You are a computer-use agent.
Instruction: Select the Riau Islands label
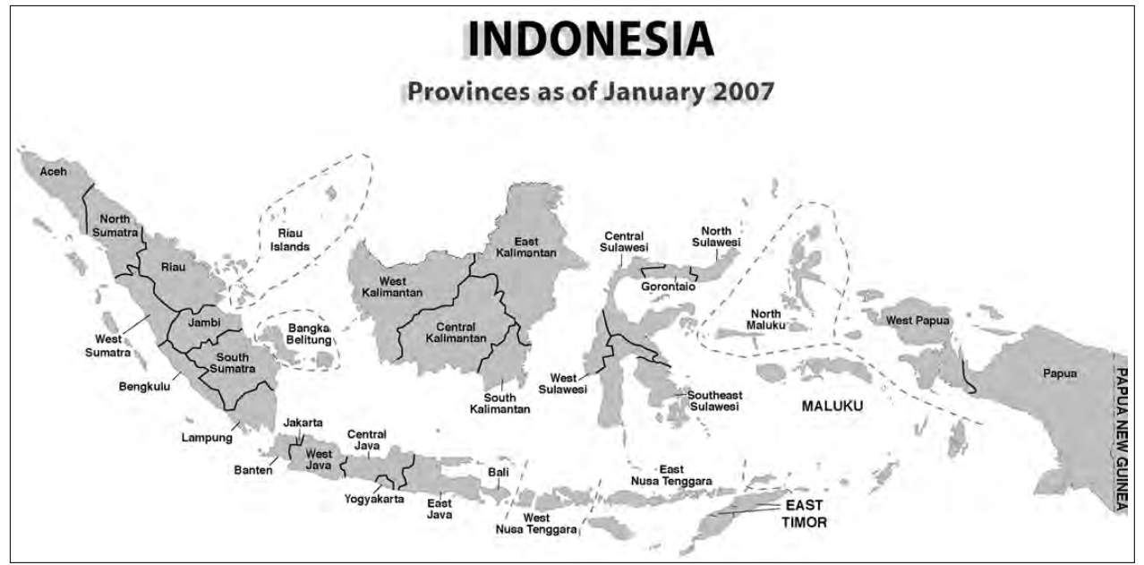(x=290, y=240)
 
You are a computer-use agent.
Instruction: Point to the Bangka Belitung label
(x=310, y=334)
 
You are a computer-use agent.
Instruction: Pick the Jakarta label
(x=303, y=423)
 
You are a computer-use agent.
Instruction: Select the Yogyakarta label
(x=374, y=499)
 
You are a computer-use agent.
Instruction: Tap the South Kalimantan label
(x=499, y=403)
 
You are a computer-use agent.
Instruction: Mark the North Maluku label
(x=765, y=320)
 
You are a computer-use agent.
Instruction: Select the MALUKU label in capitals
(x=832, y=406)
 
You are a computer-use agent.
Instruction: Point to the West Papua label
(x=918, y=320)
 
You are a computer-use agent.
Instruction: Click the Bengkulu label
(x=144, y=387)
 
